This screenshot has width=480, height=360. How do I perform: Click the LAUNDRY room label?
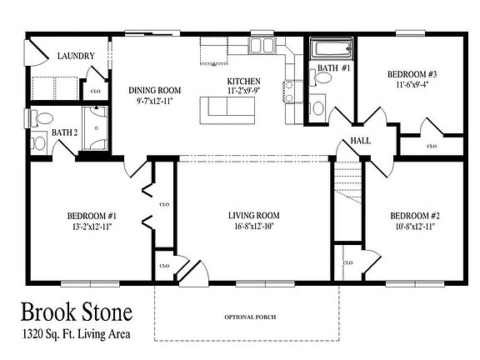(x=76, y=56)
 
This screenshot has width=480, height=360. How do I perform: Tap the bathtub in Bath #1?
(x=332, y=48)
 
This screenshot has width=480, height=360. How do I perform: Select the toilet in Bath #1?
(x=320, y=77)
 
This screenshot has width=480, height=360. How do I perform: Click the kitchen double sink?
(x=262, y=46)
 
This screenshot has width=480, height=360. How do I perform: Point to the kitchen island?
(x=227, y=110)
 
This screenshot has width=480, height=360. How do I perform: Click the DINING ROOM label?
(x=155, y=90)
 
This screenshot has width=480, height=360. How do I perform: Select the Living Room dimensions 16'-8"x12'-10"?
(x=254, y=226)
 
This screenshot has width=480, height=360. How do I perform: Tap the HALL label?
(x=360, y=141)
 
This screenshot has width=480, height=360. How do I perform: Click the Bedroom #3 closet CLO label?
(x=432, y=147)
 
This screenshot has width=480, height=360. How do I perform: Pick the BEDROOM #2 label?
(x=415, y=216)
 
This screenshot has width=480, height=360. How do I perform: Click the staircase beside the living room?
(x=347, y=182)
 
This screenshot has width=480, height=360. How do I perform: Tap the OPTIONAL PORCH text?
(x=250, y=317)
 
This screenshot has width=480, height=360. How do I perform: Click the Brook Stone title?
(x=77, y=312)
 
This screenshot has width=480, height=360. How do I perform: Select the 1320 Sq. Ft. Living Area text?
(x=77, y=334)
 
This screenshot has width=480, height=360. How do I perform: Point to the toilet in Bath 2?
(x=42, y=119)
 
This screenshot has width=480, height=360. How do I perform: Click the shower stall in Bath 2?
(x=96, y=128)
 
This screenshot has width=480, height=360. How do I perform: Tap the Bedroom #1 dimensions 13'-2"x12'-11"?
(x=92, y=227)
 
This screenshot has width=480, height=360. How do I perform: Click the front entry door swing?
(x=193, y=273)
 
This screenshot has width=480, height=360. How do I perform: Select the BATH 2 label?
(x=65, y=132)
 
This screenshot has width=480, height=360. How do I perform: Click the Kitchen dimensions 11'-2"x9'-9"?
(x=244, y=91)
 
